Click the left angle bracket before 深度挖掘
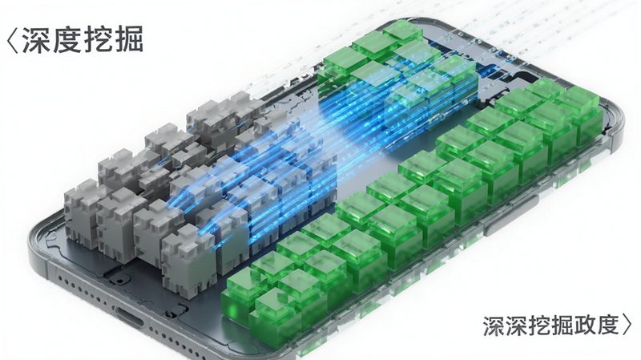click(x=13, y=39)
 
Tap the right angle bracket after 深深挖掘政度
click(x=627, y=326)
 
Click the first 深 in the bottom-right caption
click(x=494, y=326)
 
